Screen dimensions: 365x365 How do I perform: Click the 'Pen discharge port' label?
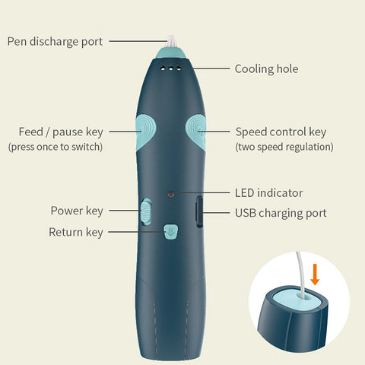[x=55, y=42]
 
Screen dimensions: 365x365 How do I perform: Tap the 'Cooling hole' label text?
[x=266, y=69]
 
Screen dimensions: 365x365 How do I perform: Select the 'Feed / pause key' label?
[x=61, y=132]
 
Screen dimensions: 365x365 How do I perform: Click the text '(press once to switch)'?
[x=56, y=147]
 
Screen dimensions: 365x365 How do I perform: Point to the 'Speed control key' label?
[x=281, y=132]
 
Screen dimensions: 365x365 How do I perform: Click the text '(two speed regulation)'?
[x=284, y=147]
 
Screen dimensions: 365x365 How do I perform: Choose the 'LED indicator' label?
[x=268, y=193]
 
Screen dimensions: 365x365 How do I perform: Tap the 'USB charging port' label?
[x=281, y=213]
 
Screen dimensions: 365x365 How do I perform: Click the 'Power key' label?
[x=77, y=211]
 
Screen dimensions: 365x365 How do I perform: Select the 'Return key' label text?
[x=76, y=233]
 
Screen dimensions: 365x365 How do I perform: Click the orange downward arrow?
[x=315, y=275]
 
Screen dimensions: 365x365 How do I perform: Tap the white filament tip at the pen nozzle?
[x=171, y=42]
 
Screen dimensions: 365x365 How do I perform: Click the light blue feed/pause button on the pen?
[x=145, y=132]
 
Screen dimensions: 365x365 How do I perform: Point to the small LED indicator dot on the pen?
[x=170, y=195]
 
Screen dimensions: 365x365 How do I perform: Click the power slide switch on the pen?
[x=146, y=212]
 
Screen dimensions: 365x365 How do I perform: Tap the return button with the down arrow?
[x=170, y=232]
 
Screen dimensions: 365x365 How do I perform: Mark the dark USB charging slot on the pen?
[x=199, y=211]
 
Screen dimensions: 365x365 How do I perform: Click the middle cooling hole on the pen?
[x=171, y=68]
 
